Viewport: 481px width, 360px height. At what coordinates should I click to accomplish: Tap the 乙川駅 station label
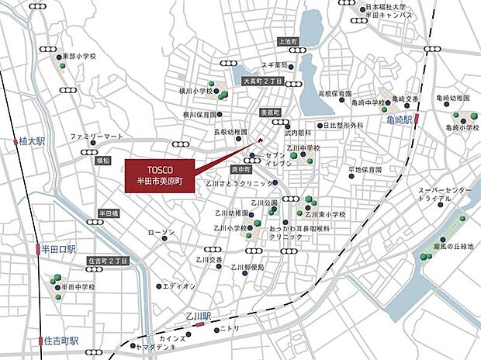[199, 317]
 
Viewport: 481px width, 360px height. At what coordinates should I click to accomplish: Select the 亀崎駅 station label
[400, 120]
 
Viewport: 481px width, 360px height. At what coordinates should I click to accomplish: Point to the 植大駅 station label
[31, 141]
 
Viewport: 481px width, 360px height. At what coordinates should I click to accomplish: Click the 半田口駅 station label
[59, 249]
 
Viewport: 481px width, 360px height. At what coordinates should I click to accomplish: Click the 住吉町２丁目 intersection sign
[107, 261]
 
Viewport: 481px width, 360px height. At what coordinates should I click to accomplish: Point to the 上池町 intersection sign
[287, 40]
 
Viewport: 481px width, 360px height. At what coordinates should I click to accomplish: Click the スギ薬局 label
[274, 66]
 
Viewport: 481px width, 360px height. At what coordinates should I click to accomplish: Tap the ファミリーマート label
[97, 137]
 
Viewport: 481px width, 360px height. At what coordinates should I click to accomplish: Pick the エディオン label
[180, 286]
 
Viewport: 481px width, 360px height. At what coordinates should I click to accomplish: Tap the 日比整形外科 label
[343, 125]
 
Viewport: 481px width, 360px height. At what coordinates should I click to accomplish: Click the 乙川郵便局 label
[247, 267]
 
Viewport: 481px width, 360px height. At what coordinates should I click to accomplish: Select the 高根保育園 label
[334, 92]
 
